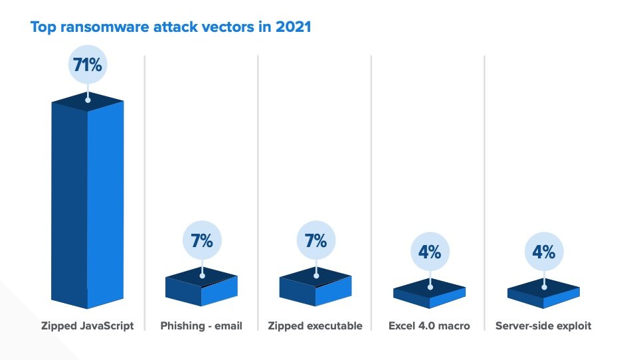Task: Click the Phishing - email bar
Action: coord(201,290)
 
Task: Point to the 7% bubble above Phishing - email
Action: coord(201,241)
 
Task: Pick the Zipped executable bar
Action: coord(315,290)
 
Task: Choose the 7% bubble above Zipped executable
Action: coord(315,241)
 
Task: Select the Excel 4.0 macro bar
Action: coord(429,296)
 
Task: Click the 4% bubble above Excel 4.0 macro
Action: coord(430,252)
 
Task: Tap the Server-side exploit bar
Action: coord(543,296)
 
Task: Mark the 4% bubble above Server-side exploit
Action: coord(544,252)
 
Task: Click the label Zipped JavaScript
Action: coord(88,326)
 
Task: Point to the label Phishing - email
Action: coord(201,326)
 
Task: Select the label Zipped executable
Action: coord(315,326)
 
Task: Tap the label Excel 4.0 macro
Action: coord(430,326)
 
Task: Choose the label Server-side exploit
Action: coord(543,326)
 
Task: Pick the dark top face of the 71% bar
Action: coord(88,102)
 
